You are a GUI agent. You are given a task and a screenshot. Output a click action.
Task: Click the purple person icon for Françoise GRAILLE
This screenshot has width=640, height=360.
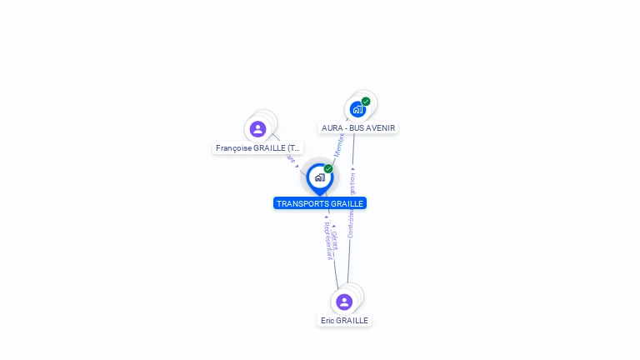pyautogui.click(x=257, y=129)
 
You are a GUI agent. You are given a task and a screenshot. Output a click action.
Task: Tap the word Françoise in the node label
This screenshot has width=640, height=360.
pyautogui.click(x=233, y=148)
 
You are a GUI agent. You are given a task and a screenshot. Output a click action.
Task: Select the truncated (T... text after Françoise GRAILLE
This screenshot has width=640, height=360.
pyautogui.click(x=293, y=148)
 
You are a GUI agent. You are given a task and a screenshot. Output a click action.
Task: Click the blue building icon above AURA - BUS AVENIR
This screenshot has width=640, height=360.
pyautogui.click(x=357, y=109)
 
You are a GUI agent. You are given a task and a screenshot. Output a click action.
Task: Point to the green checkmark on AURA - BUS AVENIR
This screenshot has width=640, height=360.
pyautogui.click(x=366, y=102)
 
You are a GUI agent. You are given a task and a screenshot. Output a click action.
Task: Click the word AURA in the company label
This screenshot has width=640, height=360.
pyautogui.click(x=332, y=128)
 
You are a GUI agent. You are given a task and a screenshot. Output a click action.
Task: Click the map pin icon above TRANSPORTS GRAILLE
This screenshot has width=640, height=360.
pyautogui.click(x=319, y=177)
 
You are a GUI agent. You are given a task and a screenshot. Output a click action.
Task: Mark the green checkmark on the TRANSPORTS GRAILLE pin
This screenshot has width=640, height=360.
pyautogui.click(x=328, y=169)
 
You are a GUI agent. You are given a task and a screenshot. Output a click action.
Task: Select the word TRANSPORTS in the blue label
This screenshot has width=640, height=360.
pyautogui.click(x=302, y=203)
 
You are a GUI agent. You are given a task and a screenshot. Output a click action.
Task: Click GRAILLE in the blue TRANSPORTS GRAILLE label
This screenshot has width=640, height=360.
pyautogui.click(x=347, y=203)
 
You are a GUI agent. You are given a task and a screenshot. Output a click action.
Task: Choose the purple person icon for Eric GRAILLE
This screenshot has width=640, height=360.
pyautogui.click(x=344, y=302)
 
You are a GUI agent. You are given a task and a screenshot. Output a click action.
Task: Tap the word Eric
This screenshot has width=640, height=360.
pyautogui.click(x=327, y=321)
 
